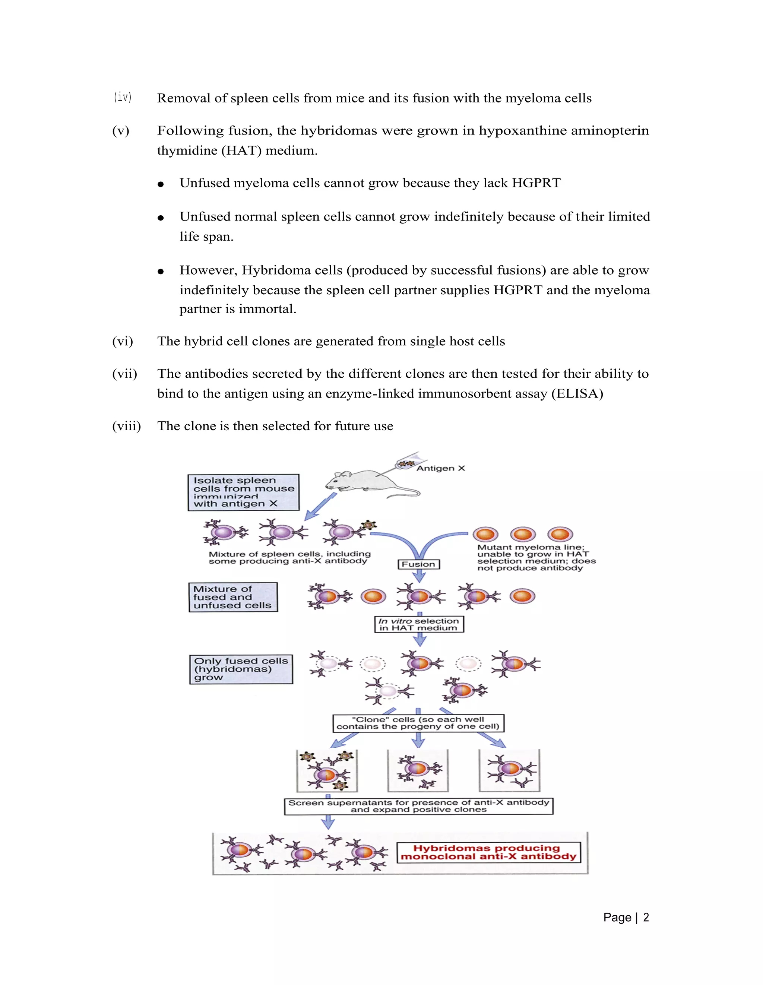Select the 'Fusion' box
(x=418, y=564)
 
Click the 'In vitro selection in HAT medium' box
(x=419, y=625)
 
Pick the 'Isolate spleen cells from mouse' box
(x=244, y=492)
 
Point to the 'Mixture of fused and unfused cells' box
(x=233, y=597)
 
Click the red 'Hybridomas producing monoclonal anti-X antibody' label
(x=488, y=852)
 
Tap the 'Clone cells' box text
(x=418, y=723)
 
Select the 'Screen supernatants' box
(x=418, y=806)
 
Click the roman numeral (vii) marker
(x=124, y=374)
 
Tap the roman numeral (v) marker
(x=120, y=131)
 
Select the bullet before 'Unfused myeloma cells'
(x=161, y=184)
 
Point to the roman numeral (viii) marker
(x=126, y=426)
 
